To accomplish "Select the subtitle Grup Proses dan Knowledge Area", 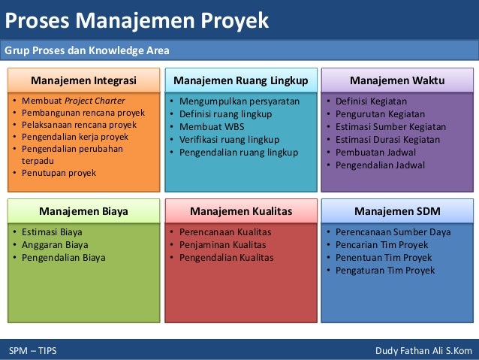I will [87, 51].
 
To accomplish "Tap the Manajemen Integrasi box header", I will [83, 80].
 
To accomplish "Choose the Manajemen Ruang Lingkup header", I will [241, 80].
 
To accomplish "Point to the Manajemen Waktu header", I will [397, 80].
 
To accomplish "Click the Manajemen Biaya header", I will [83, 211].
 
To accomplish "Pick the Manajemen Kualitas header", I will [241, 211].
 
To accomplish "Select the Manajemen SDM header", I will [397, 211].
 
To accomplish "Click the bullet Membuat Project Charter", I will [74, 101].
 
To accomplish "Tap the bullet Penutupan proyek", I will [54, 173].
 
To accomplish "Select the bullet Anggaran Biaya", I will [55, 244].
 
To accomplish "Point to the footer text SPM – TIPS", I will [32, 351].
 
